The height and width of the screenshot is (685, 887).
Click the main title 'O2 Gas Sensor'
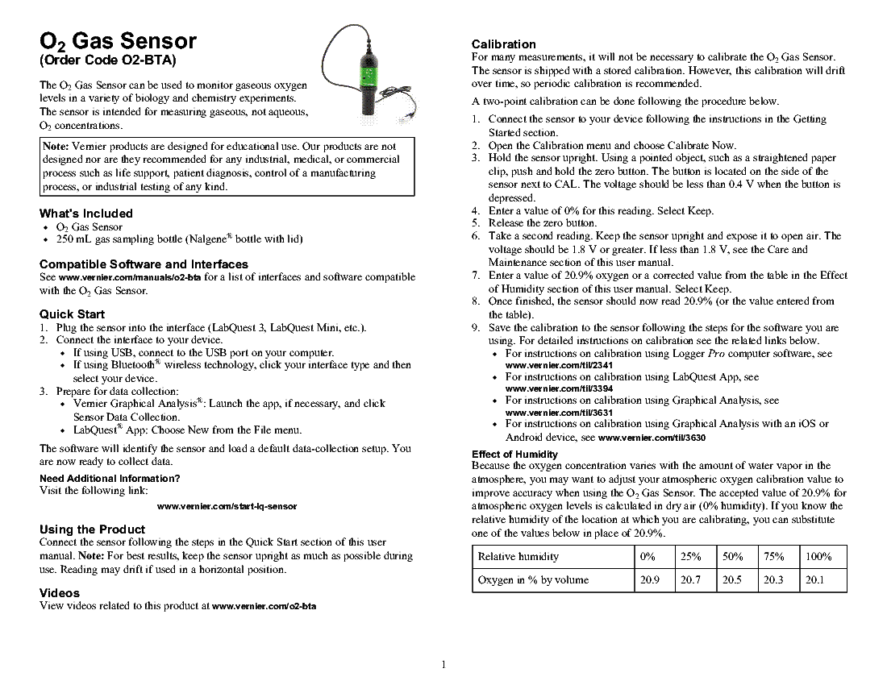[x=118, y=41]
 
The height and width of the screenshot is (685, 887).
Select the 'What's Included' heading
[x=85, y=214]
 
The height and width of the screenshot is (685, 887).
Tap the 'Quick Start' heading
[x=72, y=314]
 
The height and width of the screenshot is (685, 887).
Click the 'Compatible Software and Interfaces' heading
[x=144, y=264]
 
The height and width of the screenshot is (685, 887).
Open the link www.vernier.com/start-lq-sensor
[x=227, y=506]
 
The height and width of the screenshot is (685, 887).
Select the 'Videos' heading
[x=60, y=593]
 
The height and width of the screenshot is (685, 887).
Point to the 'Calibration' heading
[x=503, y=44]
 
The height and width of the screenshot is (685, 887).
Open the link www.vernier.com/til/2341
[x=558, y=365]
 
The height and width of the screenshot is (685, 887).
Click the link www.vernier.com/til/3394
[x=558, y=388]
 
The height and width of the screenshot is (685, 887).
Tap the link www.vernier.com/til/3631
[x=558, y=412]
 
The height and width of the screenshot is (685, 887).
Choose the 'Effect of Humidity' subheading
[x=514, y=455]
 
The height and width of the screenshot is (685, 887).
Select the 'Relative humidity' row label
[x=518, y=557]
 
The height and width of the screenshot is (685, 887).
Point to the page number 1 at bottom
[x=443, y=665]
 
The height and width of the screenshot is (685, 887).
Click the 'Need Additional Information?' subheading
[x=110, y=479]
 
